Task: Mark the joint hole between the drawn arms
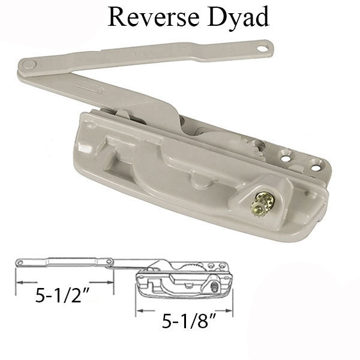[110, 260]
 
